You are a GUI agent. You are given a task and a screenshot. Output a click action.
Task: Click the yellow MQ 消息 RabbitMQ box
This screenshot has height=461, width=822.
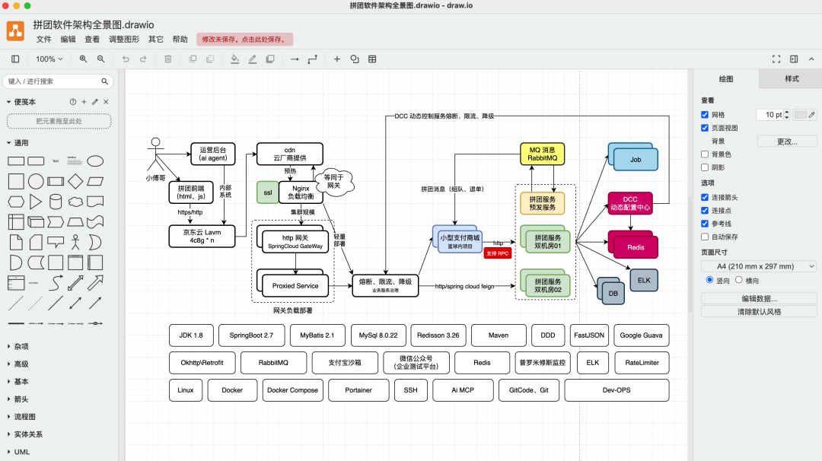pos(543,154)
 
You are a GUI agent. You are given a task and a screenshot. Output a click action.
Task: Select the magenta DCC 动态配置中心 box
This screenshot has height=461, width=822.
pos(630,203)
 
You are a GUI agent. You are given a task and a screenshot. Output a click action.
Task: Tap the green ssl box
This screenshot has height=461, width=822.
pos(267,192)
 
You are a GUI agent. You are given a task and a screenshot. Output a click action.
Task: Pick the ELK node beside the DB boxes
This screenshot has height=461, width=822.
pos(644,280)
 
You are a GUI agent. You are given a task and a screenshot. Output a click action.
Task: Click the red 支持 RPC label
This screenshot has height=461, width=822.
pos(498,253)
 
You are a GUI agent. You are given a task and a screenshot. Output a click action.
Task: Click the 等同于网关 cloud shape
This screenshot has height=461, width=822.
pos(333,180)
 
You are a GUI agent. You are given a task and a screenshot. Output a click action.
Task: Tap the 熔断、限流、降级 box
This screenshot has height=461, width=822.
pos(385,285)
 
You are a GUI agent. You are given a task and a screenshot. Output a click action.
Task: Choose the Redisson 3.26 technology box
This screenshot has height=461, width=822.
pos(438,335)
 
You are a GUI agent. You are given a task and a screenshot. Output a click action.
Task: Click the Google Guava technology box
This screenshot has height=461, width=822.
pos(641,335)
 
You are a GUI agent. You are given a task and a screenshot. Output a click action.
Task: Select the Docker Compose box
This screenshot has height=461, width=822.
pos(292,390)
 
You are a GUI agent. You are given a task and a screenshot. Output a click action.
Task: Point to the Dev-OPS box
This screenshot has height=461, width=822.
pos(616,390)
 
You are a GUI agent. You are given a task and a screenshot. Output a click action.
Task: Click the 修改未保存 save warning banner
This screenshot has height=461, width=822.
pos(244,39)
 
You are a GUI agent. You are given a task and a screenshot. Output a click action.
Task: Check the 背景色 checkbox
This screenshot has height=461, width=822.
pos(705,154)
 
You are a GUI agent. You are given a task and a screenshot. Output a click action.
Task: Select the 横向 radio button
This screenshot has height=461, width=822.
pos(738,280)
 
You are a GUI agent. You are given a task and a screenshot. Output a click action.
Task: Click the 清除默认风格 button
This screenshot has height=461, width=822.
pos(759,311)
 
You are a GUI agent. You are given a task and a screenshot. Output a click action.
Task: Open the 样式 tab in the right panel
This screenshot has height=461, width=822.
pos(792,79)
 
